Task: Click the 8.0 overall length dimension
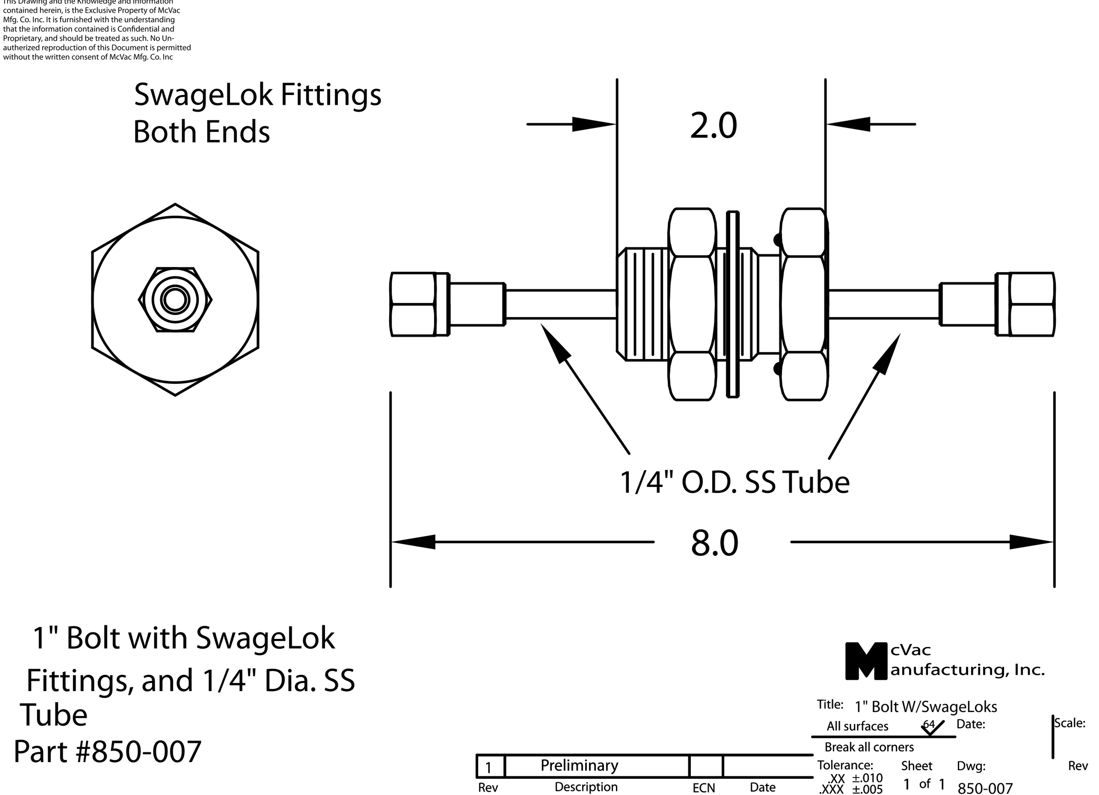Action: (x=714, y=543)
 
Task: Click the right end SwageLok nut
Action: (x=1026, y=304)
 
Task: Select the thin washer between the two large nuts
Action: (x=733, y=304)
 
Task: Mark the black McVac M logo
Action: (x=866, y=661)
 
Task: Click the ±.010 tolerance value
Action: (x=867, y=778)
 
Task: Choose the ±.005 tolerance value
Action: (x=867, y=789)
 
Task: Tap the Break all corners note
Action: (x=869, y=747)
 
